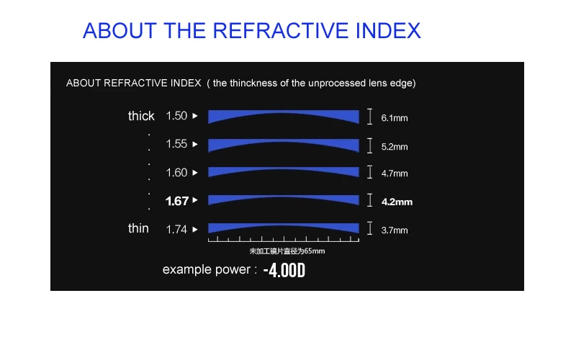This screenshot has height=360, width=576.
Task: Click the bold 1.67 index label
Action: pos(177,201)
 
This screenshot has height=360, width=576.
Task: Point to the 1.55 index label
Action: pos(176,143)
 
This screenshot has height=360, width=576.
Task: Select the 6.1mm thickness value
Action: pos(394,118)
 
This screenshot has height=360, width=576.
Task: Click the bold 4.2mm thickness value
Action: pos(397,202)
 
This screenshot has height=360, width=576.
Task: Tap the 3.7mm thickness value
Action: pos(394,230)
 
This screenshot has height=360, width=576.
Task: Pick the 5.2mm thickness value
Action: pos(394,147)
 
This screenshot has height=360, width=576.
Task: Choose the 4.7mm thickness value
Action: pos(394,174)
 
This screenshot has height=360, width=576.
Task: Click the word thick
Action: pos(141,116)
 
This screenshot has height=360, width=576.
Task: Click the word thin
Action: pos(138,228)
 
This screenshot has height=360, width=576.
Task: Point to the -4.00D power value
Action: pos(284,271)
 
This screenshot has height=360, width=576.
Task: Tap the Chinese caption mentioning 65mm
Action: pos(287,251)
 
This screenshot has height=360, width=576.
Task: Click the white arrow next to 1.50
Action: pos(195,116)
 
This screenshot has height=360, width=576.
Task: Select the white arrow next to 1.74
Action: pos(195,230)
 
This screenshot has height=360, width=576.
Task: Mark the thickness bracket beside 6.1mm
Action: pos(369,117)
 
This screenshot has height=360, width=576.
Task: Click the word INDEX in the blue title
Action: pos(388,30)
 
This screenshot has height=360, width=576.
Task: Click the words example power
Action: pos(207,269)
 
